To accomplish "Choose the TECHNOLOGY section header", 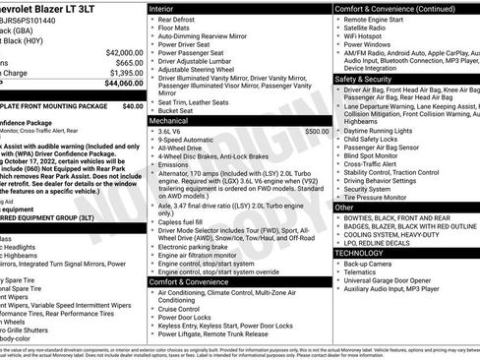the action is (x=361, y=253).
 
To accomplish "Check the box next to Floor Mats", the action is (x=153, y=30).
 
